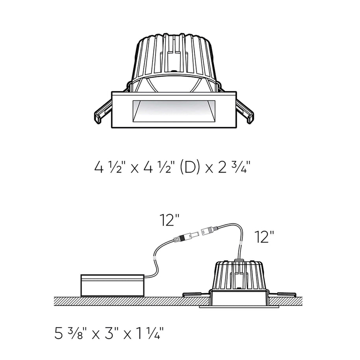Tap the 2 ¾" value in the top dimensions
point(232,167)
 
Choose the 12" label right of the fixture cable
point(264,237)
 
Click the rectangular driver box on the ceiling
point(113,285)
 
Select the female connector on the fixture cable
point(209,230)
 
